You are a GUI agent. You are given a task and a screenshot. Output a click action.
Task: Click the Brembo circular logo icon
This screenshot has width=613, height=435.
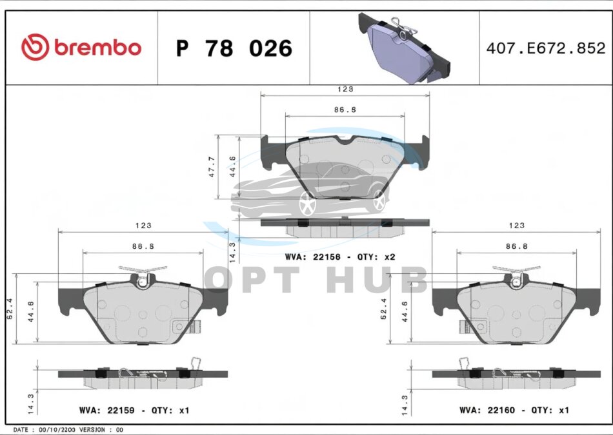pos(35,47)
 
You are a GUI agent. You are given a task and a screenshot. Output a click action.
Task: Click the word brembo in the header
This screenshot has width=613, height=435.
pos(97,47)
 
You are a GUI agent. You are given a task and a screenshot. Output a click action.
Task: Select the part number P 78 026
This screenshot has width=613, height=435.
pos(234,48)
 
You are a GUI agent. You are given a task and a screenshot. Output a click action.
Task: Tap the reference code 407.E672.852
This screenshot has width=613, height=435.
pos(546,48)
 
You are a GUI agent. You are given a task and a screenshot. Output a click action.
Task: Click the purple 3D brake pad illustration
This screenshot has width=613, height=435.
pos(404,48)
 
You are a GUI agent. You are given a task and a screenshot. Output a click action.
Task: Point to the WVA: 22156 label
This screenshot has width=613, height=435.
pos(312,257)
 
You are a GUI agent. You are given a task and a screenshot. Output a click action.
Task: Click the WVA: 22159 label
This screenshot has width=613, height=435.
pos(106,411)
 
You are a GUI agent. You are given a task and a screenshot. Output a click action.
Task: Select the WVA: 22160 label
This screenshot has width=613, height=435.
pos(487,410)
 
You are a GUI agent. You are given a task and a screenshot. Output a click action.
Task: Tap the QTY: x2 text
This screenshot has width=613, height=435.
pos(376,257)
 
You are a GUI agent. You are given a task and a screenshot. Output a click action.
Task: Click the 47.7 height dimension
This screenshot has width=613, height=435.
pos(212,167)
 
